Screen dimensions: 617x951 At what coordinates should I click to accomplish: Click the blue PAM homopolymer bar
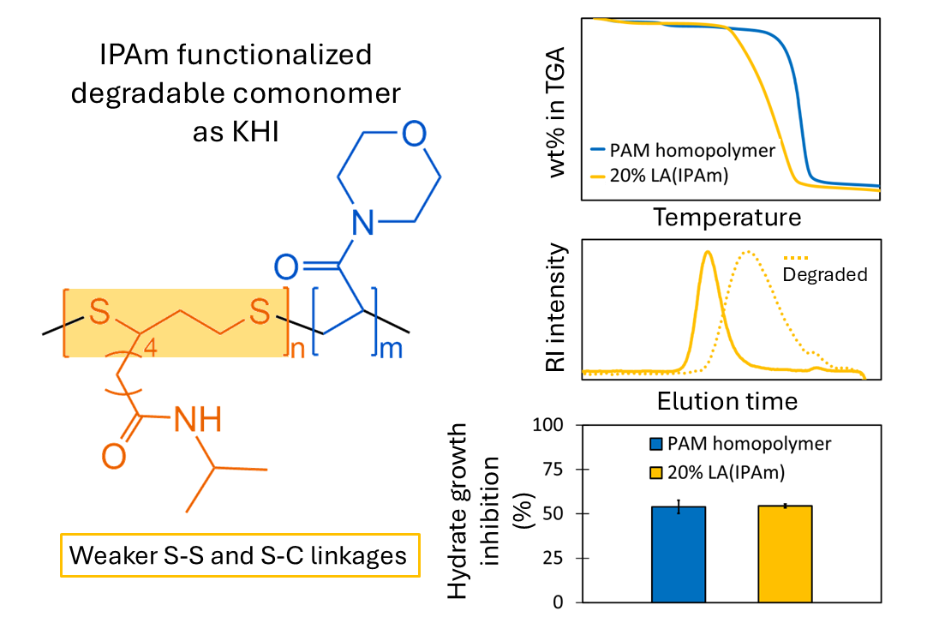(x=679, y=554)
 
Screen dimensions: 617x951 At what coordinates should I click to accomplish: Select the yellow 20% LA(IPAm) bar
(x=785, y=554)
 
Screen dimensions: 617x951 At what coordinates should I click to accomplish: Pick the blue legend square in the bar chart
(x=657, y=444)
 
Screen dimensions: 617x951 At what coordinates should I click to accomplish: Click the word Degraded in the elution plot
(x=825, y=274)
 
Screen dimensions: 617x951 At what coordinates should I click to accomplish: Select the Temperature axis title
(x=727, y=217)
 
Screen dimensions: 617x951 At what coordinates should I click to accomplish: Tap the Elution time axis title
(x=727, y=400)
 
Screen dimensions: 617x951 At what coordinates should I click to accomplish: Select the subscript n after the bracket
(x=297, y=351)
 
